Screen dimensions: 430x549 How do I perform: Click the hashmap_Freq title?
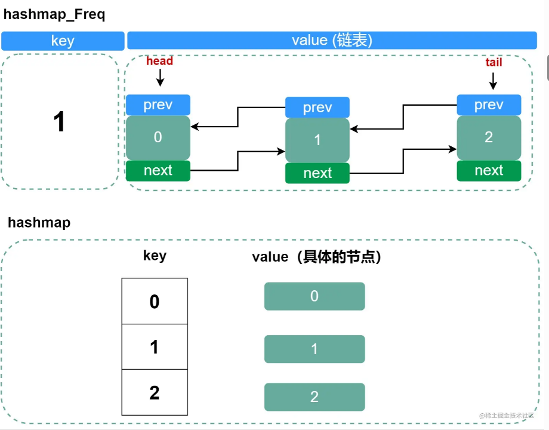54,15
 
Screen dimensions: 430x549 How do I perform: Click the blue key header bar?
63,41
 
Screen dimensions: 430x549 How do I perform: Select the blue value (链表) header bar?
332,41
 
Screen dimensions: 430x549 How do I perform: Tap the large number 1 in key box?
59,122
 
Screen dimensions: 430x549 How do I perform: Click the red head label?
159,61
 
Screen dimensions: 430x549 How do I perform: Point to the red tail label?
494,62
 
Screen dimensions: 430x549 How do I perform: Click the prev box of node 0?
158,105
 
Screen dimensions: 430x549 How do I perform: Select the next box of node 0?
158,171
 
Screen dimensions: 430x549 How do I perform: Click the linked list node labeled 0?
158,137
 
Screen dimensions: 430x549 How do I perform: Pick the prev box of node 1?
317,107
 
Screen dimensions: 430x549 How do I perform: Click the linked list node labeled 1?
317,140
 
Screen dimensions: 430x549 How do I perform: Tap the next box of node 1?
317,173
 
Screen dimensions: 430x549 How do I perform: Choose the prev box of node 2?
489,105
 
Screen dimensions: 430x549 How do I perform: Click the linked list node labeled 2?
489,137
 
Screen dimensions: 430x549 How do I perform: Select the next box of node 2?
489,171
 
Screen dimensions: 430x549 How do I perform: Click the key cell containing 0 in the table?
155,302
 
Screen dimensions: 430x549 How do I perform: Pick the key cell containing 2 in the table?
155,392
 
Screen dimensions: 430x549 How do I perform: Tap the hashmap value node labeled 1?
314,349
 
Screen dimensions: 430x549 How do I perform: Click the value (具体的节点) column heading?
317,257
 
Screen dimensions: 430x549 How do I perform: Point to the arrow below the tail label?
493,81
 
